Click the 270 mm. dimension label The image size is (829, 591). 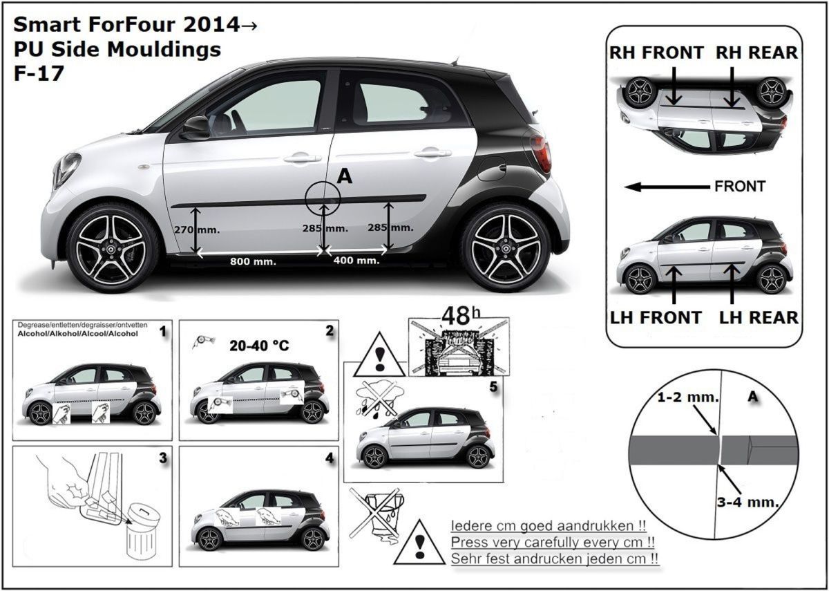(196, 229)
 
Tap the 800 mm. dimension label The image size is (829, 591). (253, 261)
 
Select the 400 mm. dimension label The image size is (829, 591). (356, 261)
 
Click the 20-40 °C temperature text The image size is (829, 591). (258, 346)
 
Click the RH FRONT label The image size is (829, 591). (656, 53)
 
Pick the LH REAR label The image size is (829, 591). (759, 317)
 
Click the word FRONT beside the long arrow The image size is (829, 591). (740, 186)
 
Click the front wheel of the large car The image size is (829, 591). (113, 247)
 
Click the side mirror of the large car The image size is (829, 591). (196, 127)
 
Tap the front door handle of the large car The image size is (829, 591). (302, 158)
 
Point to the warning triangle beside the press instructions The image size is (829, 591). (419, 544)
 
